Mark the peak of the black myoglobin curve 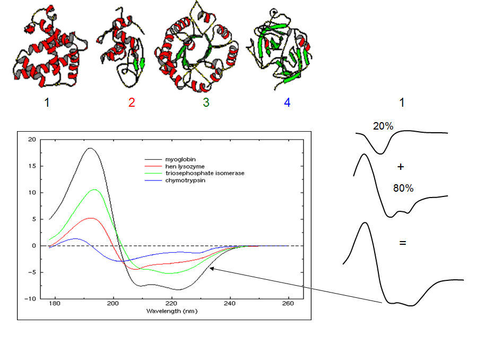(90, 148)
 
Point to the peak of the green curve (94, 189)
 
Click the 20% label (382, 126)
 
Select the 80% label (403, 188)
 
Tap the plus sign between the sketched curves (401, 167)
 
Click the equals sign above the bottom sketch (402, 243)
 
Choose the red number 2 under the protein (132, 102)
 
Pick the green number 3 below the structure (205, 102)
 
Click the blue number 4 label (287, 102)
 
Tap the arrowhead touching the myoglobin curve (211, 268)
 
